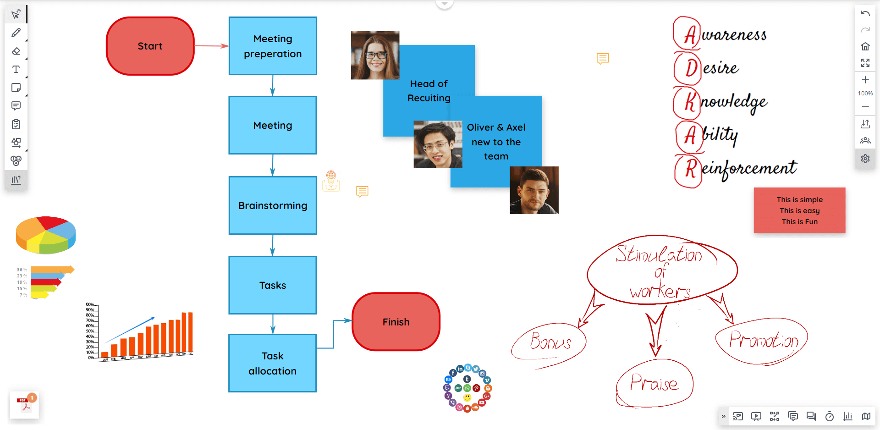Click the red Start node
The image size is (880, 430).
pyautogui.click(x=150, y=46)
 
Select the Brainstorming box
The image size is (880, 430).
pyautogui.click(x=273, y=205)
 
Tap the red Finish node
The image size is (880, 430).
pyautogui.click(x=396, y=322)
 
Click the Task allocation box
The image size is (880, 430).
pyautogui.click(x=273, y=363)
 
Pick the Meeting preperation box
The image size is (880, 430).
pyautogui.click(x=273, y=46)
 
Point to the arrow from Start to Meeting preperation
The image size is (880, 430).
pyautogui.click(x=211, y=46)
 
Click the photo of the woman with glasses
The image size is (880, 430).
pyautogui.click(x=375, y=55)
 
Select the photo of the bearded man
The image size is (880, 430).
pyautogui.click(x=534, y=190)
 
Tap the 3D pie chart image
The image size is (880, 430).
pyautogui.click(x=46, y=235)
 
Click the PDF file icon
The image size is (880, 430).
pyautogui.click(x=24, y=404)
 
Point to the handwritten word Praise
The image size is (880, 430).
pyautogui.click(x=654, y=383)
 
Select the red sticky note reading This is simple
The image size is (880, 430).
pyautogui.click(x=799, y=210)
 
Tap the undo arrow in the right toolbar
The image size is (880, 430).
pyautogui.click(x=865, y=14)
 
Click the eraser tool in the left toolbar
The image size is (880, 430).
pyautogui.click(x=16, y=51)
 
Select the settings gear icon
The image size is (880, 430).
pyautogui.click(x=865, y=159)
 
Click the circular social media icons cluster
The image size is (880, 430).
pyautogui.click(x=467, y=388)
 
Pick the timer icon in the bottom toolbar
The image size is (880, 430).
pyautogui.click(x=829, y=416)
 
